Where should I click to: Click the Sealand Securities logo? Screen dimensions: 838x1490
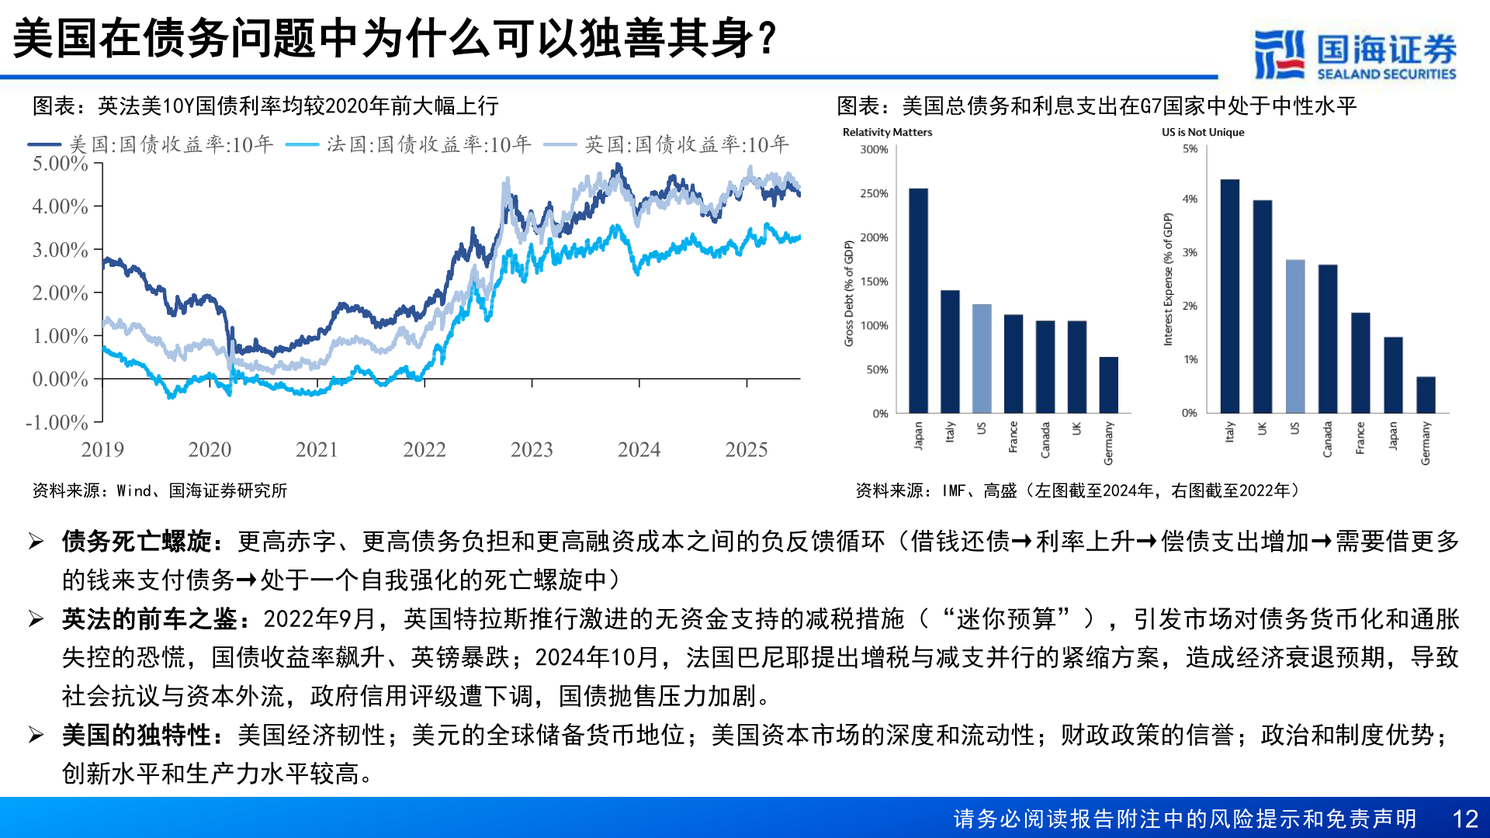click(1355, 54)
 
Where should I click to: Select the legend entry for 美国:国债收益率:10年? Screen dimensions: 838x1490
click(151, 144)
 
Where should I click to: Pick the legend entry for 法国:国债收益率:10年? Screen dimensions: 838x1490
click(409, 144)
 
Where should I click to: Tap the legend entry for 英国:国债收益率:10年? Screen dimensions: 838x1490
click(667, 144)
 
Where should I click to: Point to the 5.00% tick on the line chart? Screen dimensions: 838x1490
click(61, 164)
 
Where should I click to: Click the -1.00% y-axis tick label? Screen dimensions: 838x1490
click(57, 422)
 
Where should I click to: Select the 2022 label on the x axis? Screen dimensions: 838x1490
click(424, 449)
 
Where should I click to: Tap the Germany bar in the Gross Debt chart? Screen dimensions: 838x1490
click(1108, 385)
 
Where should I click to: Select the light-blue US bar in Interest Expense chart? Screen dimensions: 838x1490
click(1294, 336)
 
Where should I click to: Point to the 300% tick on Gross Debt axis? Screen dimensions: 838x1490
click(874, 150)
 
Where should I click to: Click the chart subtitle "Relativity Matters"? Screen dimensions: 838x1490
click(887, 133)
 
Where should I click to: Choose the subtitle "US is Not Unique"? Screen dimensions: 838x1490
click(1202, 133)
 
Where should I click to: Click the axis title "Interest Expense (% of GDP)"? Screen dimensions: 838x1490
click(1167, 279)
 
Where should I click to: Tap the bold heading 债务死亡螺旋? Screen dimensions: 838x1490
click(137, 541)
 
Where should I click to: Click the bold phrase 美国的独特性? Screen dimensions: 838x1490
click(137, 735)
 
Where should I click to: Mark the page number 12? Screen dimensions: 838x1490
click(1464, 819)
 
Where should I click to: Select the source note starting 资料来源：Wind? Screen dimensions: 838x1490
click(159, 490)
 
